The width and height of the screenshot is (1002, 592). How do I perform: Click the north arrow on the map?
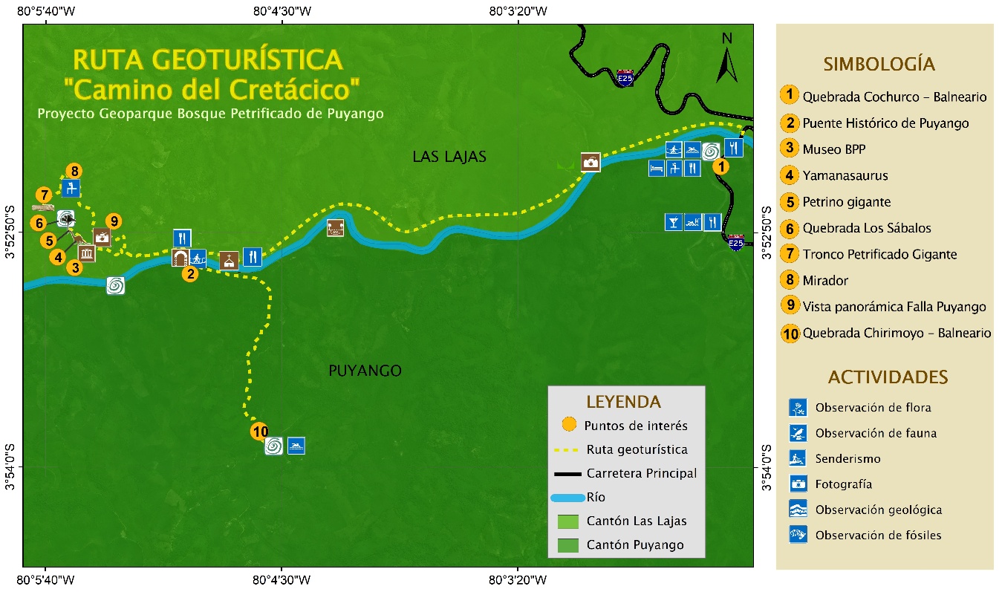[x=726, y=58]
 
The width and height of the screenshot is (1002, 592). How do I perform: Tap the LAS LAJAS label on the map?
[x=449, y=157]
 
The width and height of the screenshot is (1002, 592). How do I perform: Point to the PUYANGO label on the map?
[x=365, y=371]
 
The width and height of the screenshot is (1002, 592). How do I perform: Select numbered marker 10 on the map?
[x=259, y=432]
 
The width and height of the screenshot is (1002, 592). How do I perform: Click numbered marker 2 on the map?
[x=190, y=274]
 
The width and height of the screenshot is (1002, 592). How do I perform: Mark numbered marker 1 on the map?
[x=720, y=167]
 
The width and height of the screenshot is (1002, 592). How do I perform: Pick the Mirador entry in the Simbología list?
[x=824, y=281]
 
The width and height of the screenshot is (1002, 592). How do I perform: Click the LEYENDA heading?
[x=623, y=402]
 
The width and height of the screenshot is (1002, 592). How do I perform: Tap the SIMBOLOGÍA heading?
[x=879, y=64]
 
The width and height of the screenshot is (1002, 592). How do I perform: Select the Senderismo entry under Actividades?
[x=848, y=459]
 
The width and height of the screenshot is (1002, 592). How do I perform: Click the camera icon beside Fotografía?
[x=798, y=484]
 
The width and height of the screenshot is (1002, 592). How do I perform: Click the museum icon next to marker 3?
[x=88, y=254]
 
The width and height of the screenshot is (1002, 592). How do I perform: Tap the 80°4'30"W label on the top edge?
[x=282, y=11]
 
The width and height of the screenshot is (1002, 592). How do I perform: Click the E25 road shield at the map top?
[x=625, y=78]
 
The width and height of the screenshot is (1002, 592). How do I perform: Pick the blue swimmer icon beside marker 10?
[x=296, y=446]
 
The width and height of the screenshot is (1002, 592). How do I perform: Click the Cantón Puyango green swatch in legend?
[x=567, y=545]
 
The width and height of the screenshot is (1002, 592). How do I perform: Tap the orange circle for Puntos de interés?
[x=568, y=425]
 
